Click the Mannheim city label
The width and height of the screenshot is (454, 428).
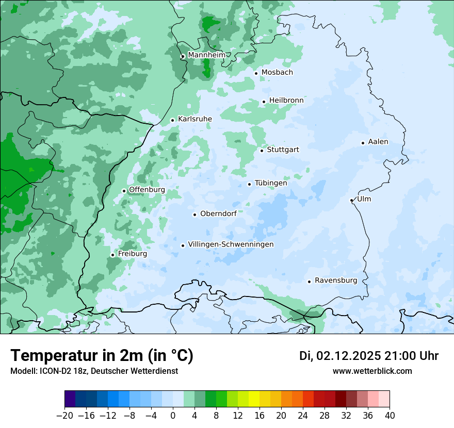point(206,55)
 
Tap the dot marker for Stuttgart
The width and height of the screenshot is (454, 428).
point(262,151)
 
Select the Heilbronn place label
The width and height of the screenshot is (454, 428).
point(286,101)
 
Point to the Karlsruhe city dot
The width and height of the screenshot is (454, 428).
point(173,121)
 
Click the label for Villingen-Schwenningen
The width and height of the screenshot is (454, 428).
point(231,244)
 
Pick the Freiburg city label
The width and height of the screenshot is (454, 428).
point(132,254)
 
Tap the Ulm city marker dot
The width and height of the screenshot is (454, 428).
point(351,200)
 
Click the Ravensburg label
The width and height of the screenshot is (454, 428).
point(336,281)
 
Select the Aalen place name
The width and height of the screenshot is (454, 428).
point(378,142)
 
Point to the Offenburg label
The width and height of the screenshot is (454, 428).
point(147,190)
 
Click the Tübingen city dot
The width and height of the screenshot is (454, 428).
point(250,184)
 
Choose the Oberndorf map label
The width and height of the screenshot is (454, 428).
point(218,213)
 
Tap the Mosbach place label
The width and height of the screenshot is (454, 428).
point(277,73)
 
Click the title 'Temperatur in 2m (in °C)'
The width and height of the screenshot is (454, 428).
point(102,356)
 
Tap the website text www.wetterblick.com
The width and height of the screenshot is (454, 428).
point(372,371)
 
